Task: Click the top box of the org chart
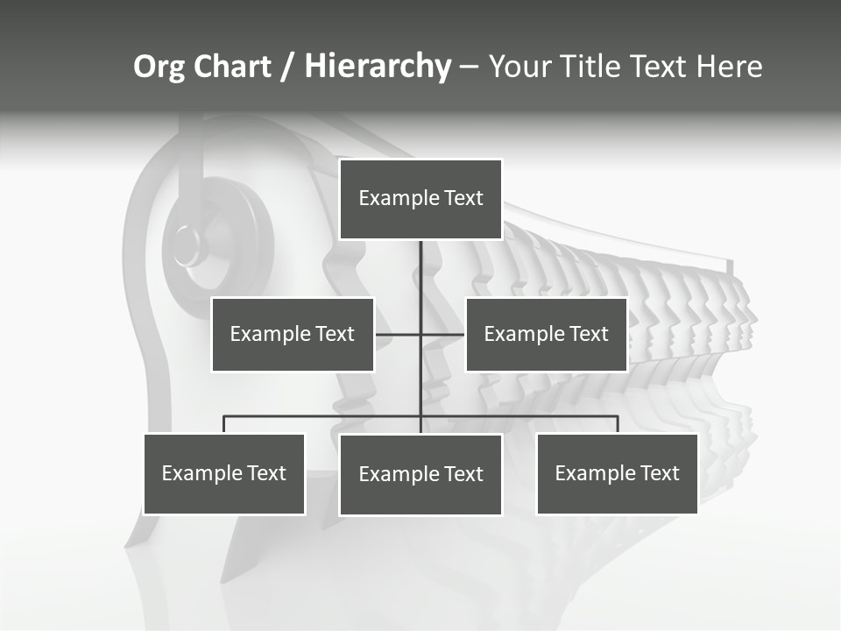click(x=420, y=199)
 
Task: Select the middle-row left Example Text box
click(x=292, y=334)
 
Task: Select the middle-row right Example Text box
click(x=546, y=334)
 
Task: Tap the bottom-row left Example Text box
click(x=223, y=474)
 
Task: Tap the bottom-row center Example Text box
click(x=420, y=475)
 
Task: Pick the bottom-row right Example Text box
click(x=617, y=474)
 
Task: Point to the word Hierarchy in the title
click(x=378, y=67)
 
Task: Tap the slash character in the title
click(x=289, y=67)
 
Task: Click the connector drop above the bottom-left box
click(x=224, y=424)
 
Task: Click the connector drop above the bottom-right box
click(x=618, y=424)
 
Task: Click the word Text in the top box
click(x=463, y=199)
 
